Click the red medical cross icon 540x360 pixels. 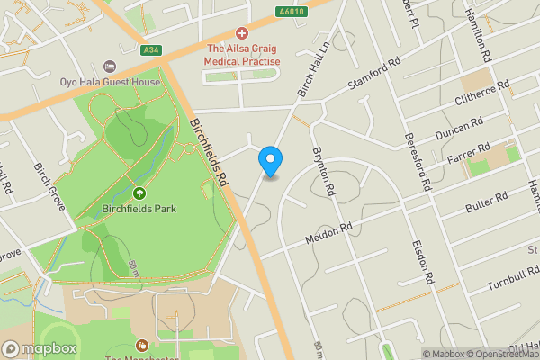pos(242,32)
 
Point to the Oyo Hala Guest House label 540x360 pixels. pos(110,82)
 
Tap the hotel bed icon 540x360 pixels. pos(110,67)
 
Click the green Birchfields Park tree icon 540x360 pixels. pos(139,193)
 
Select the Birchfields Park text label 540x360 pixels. pos(139,209)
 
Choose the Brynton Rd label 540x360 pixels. pos(323,172)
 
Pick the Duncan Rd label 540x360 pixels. pos(459,126)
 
